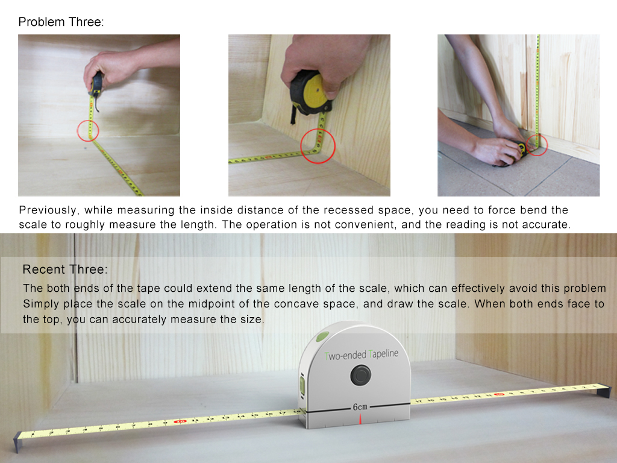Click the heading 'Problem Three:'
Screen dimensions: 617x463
61,22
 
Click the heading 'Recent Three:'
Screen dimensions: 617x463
65,269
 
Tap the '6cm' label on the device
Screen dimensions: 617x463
360,407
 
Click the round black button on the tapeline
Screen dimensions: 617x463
360,375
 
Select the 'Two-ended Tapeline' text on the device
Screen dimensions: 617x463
362,354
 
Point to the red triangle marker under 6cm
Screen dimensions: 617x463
360,420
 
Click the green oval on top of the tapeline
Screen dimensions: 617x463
322,337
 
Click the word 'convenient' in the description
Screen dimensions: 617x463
360,224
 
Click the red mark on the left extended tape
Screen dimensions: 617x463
180,421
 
